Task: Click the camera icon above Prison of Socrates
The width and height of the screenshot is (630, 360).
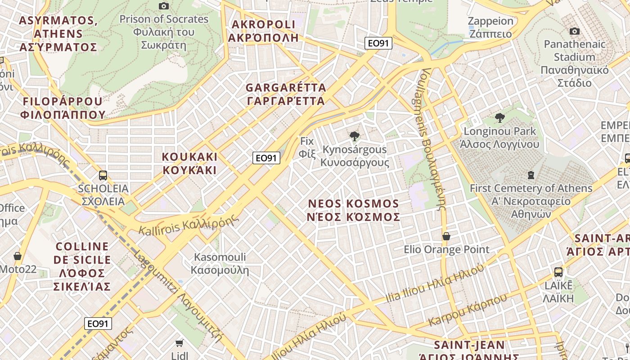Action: tap(164, 6)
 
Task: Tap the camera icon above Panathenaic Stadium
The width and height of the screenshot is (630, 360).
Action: tap(574, 31)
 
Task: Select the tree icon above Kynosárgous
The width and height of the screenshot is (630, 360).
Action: tap(355, 135)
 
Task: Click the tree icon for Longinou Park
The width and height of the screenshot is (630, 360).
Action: tap(499, 118)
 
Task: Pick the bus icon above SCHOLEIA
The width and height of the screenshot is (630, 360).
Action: tap(103, 175)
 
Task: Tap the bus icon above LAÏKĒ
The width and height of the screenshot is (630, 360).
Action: tap(558, 272)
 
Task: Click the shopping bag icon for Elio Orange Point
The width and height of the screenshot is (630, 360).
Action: tap(446, 236)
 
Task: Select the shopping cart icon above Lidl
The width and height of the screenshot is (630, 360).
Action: tap(179, 343)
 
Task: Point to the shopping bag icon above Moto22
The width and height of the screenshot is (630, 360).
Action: tap(18, 256)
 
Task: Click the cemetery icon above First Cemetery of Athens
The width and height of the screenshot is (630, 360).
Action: tap(531, 175)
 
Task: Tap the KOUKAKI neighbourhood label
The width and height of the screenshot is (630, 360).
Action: tap(189, 163)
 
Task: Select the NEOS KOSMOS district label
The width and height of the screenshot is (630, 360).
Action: tap(353, 210)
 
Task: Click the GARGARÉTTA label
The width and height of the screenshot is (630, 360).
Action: tap(286, 94)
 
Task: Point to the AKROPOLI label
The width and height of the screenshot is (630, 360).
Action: tap(263, 31)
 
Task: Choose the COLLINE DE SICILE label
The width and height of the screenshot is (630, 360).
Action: tap(82, 266)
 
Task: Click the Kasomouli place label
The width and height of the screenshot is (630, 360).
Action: tap(220, 263)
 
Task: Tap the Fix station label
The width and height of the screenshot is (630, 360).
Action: tap(307, 147)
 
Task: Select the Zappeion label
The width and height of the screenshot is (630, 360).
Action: tap(490, 27)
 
